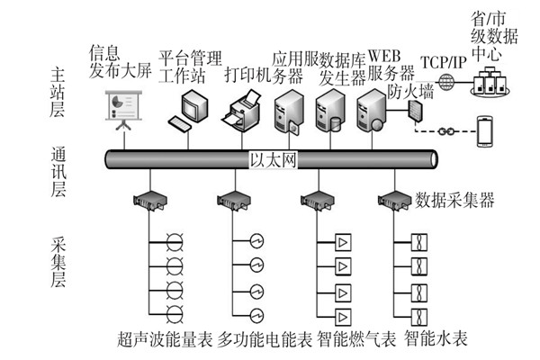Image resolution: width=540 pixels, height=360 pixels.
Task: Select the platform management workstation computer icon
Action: [x=188, y=107]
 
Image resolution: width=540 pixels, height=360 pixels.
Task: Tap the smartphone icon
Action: [x=487, y=132]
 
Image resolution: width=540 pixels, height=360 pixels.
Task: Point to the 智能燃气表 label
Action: [x=359, y=339]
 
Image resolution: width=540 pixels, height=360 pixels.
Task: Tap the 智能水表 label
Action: [x=436, y=339]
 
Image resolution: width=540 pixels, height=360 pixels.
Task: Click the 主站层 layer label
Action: [x=59, y=85]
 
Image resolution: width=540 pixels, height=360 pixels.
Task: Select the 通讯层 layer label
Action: [x=59, y=168]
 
